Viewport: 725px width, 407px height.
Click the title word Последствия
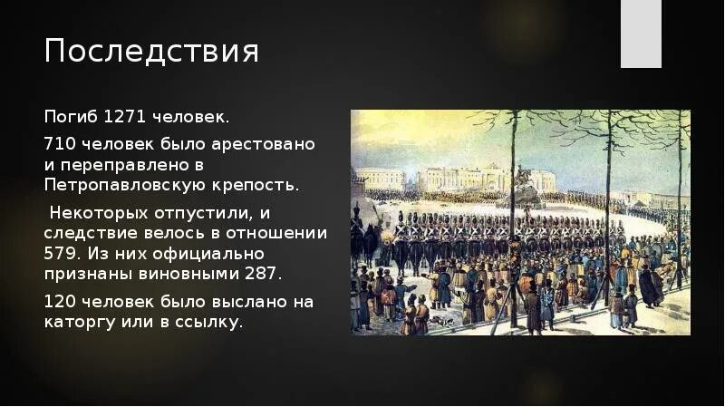(x=151, y=52)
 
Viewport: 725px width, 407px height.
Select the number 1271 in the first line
(x=122, y=118)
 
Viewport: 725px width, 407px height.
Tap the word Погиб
(x=71, y=118)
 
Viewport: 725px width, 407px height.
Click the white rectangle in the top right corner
(x=641, y=34)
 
